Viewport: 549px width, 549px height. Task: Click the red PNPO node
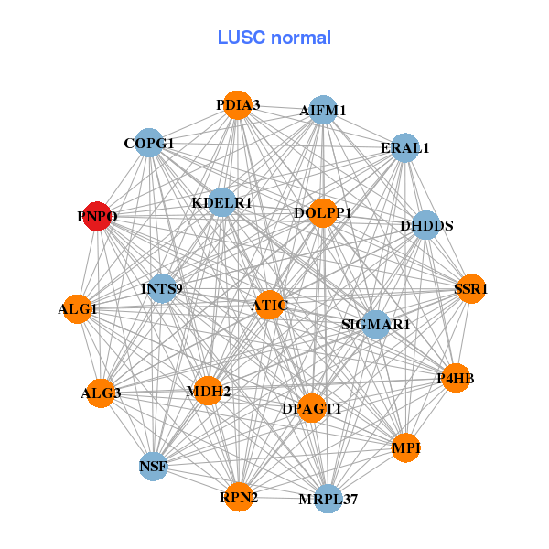(98, 217)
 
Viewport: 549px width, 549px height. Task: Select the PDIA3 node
(238, 105)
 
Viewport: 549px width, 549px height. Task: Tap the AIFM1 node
(323, 111)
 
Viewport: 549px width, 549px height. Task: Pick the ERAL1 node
(404, 147)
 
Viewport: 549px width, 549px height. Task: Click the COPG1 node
(149, 144)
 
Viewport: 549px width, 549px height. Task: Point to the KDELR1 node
(222, 202)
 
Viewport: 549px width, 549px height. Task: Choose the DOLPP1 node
(322, 213)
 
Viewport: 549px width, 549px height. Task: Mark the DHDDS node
(426, 225)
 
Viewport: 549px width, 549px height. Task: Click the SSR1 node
(470, 289)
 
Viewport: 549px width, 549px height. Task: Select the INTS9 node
(162, 289)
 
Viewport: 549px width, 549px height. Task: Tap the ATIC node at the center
(268, 305)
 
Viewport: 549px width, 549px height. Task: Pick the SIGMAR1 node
(376, 324)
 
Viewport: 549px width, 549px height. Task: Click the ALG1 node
(77, 309)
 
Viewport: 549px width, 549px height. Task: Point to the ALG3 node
(101, 393)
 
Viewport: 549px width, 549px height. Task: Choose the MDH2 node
(209, 392)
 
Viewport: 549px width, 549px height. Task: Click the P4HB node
(456, 377)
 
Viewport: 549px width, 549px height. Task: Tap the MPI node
(405, 447)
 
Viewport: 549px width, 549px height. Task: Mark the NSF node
(154, 467)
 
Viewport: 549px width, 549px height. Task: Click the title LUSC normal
(274, 38)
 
